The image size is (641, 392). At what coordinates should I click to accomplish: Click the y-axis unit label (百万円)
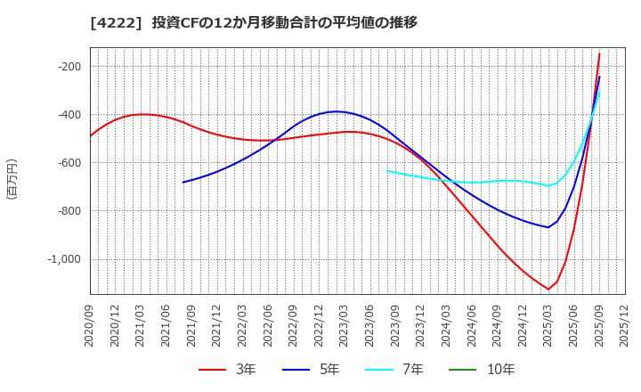tap(12, 178)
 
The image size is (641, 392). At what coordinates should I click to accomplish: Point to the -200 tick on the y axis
tap(69, 67)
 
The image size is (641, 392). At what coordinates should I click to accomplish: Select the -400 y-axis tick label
tap(69, 115)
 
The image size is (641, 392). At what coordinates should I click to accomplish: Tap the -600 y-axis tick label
tap(69, 163)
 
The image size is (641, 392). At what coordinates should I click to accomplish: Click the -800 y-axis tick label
tap(69, 211)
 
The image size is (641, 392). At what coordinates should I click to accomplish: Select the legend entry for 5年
tap(316, 370)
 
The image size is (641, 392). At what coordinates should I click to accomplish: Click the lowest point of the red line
tap(548, 289)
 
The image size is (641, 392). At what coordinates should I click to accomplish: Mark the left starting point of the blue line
tap(183, 183)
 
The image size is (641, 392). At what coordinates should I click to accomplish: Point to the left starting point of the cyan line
tap(387, 171)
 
